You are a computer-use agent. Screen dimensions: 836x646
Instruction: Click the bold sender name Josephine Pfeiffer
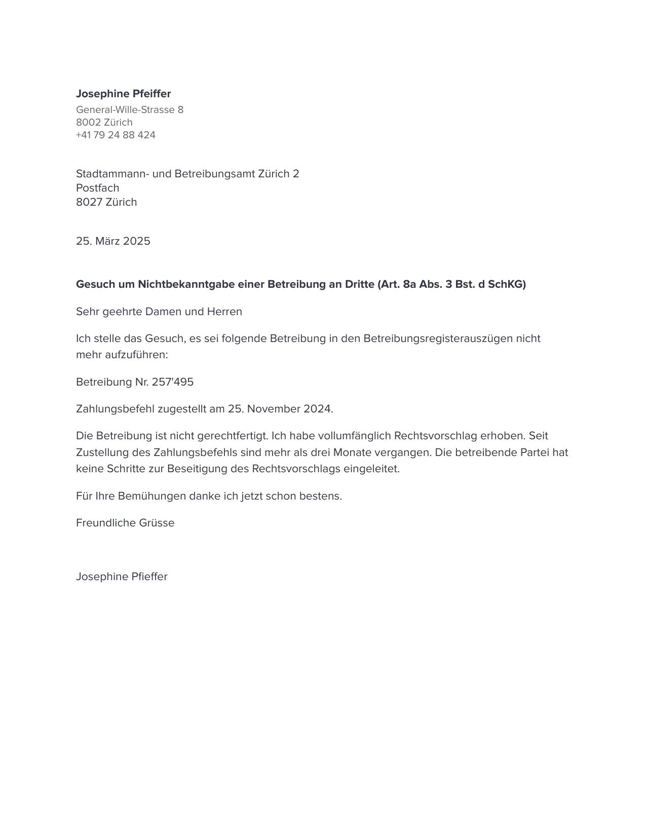pyautogui.click(x=123, y=94)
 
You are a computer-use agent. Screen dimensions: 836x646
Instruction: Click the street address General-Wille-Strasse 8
pyautogui.click(x=130, y=109)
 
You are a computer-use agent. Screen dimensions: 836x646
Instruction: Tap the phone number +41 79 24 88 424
pyautogui.click(x=116, y=135)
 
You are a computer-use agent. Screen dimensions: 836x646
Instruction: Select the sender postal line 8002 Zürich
pyautogui.click(x=104, y=122)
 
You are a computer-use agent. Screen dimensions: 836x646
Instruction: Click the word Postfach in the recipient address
pyautogui.click(x=97, y=188)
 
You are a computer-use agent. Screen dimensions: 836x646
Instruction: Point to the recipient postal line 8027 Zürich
pyautogui.click(x=106, y=202)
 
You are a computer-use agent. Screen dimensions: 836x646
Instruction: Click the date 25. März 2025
pyautogui.click(x=113, y=241)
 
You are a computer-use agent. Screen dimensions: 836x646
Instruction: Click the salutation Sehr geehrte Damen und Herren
pyautogui.click(x=159, y=312)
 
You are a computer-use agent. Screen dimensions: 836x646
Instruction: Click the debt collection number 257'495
pyautogui.click(x=172, y=382)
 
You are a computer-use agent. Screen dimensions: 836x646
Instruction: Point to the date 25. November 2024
pyautogui.click(x=280, y=409)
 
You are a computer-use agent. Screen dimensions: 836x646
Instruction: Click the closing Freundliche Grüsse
pyautogui.click(x=125, y=523)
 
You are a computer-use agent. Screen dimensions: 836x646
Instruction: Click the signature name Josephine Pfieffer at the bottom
pyautogui.click(x=122, y=577)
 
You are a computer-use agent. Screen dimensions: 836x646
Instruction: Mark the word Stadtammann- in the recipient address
pyautogui.click(x=112, y=174)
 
